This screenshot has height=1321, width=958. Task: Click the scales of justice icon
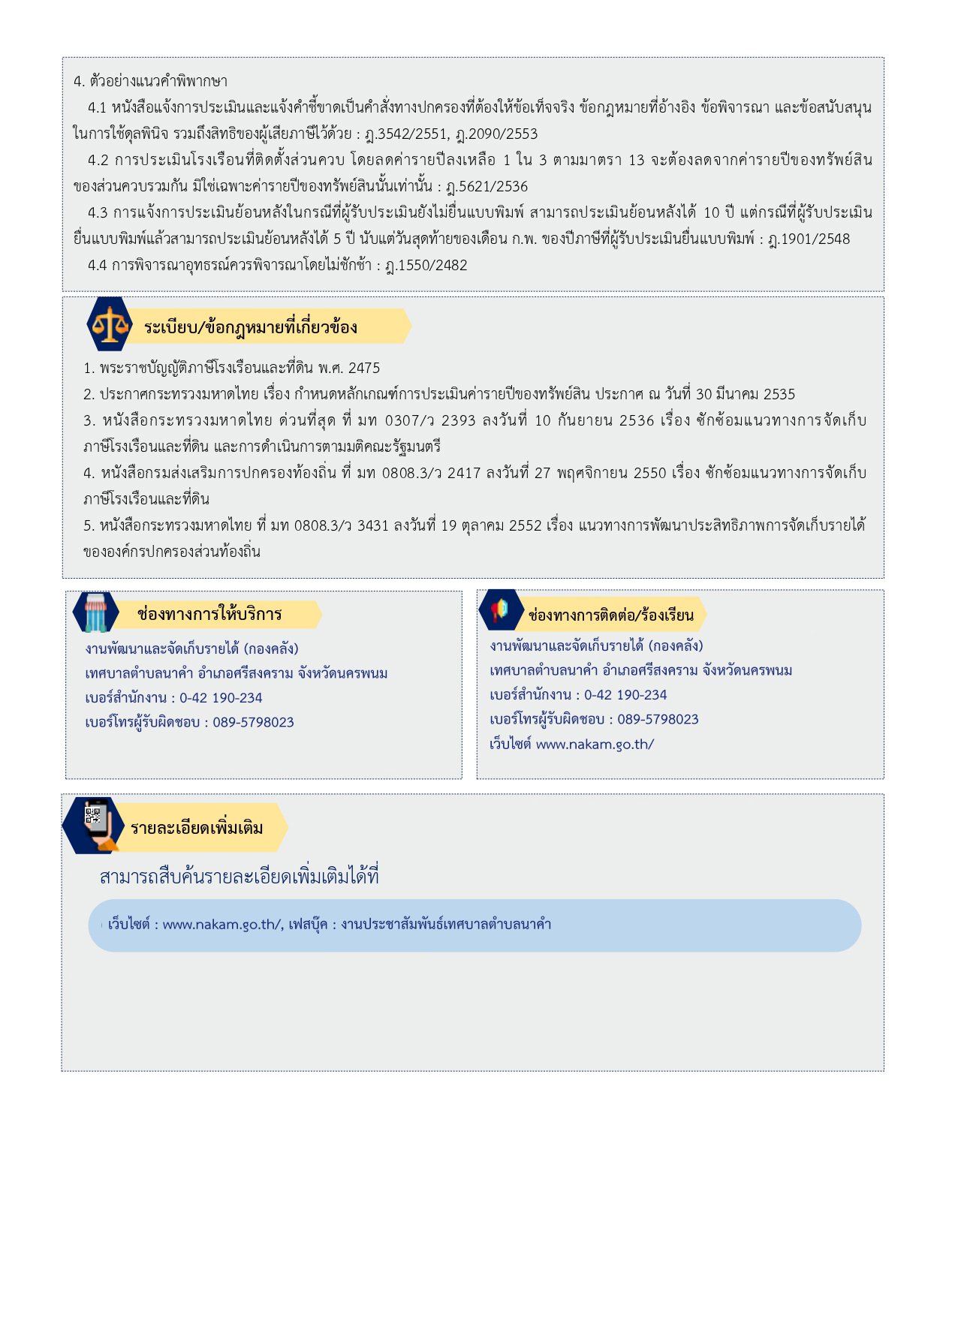point(110,324)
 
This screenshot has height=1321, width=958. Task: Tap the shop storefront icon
point(95,612)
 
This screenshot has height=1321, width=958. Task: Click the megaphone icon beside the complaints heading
point(500,611)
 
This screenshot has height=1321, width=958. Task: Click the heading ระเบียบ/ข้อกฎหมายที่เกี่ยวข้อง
point(251,327)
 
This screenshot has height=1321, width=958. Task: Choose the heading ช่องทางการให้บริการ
point(209,614)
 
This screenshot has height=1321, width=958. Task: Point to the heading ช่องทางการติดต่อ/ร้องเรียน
point(611,615)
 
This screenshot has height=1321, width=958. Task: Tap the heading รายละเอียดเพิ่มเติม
point(197,828)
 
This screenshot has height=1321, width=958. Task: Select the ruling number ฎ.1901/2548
point(809,239)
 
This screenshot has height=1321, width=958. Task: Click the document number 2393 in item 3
point(458,420)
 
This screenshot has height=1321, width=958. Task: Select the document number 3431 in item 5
point(373,525)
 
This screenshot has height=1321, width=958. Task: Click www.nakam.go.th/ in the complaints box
point(595,744)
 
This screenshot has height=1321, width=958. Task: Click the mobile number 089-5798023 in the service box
point(253,722)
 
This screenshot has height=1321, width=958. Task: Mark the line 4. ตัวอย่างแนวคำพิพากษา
point(150,81)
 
